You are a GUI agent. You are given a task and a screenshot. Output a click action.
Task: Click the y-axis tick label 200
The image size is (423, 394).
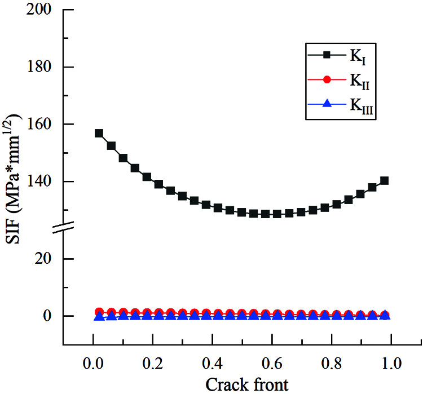click(x=42, y=10)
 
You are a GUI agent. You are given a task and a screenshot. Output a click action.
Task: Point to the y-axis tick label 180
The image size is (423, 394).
click(x=42, y=67)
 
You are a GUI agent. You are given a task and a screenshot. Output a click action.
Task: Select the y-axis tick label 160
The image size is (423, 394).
click(x=42, y=124)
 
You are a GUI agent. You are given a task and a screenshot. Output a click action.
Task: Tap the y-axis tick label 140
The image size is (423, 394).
click(x=42, y=181)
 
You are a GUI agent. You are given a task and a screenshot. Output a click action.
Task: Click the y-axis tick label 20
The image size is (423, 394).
click(x=47, y=259)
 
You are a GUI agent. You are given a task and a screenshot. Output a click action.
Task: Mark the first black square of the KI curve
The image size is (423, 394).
click(x=99, y=134)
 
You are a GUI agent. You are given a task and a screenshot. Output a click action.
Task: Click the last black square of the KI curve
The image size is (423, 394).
click(x=384, y=180)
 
